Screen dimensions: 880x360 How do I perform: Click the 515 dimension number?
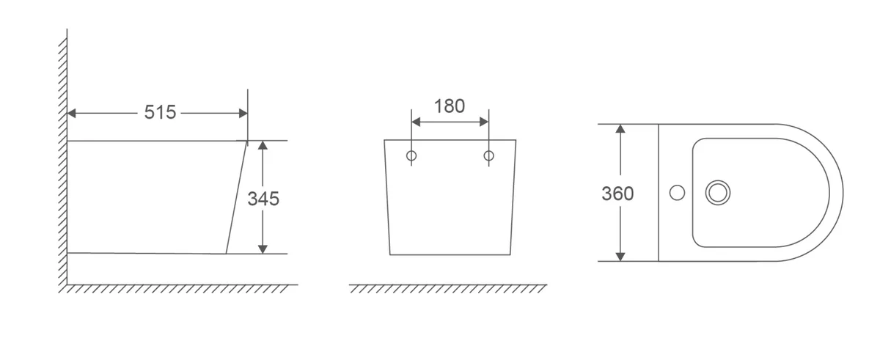(160, 112)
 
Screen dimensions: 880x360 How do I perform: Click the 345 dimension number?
(263, 199)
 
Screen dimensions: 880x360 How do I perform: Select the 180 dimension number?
(450, 106)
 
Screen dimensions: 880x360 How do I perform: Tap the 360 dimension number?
(617, 194)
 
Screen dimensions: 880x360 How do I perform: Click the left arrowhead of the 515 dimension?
(72, 114)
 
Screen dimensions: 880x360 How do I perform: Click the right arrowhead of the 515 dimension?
(243, 114)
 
